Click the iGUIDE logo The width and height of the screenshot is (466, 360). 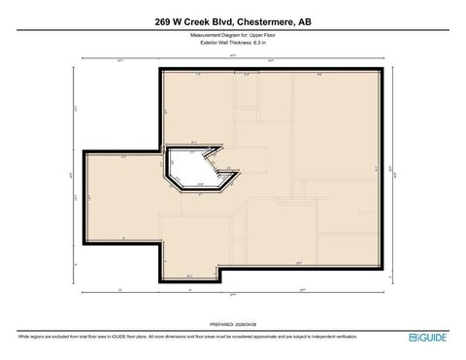(x=429, y=337)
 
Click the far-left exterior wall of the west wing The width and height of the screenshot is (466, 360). (x=85, y=198)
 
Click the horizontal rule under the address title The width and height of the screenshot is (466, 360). (x=233, y=30)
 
